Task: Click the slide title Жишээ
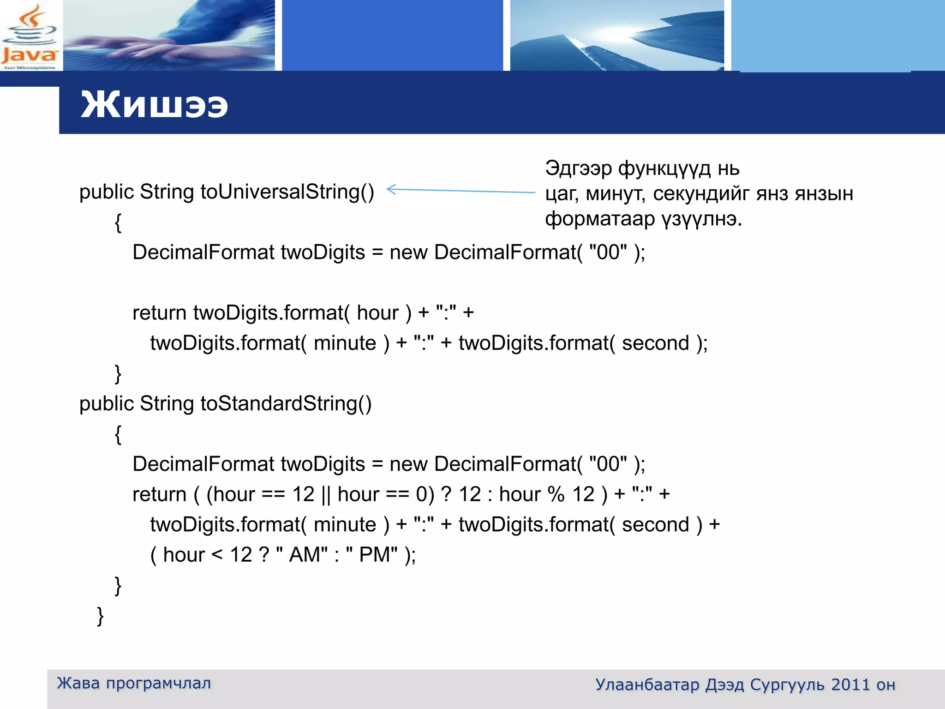154,105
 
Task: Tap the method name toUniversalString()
287,192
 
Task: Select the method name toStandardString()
286,404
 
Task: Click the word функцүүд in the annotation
664,169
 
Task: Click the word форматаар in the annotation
599,219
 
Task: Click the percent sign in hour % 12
556,494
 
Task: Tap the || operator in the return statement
326,494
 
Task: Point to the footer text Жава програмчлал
134,683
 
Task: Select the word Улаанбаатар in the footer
647,685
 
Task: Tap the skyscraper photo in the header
616,36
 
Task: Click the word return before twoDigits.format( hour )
159,313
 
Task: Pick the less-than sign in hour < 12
217,554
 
